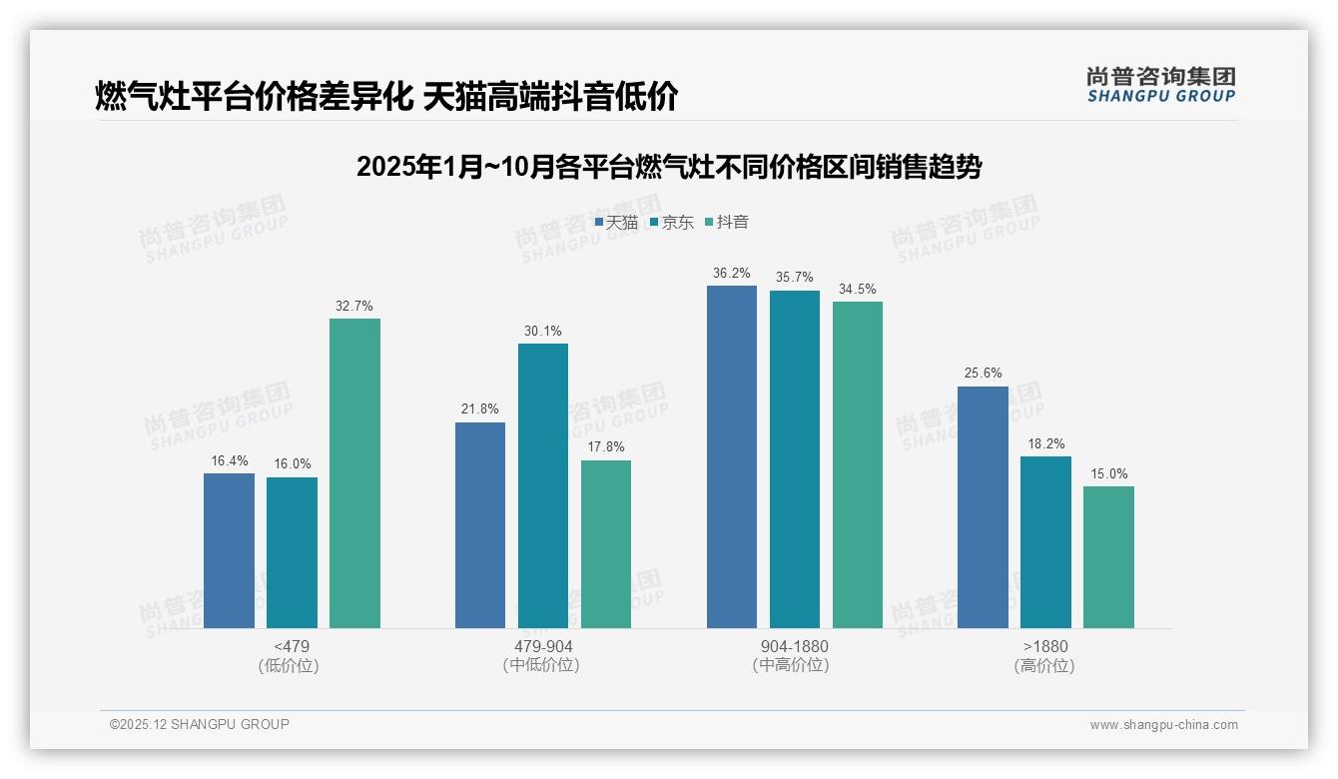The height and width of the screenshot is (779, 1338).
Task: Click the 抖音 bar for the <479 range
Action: tap(354, 473)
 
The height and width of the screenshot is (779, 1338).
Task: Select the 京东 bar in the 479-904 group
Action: tap(542, 485)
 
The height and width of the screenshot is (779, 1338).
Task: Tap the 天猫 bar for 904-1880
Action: tap(732, 456)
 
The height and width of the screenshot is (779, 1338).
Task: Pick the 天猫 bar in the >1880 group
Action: tap(983, 507)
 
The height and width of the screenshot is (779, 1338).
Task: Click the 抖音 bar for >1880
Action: tap(1108, 557)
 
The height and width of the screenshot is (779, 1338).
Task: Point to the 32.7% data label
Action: tap(354, 307)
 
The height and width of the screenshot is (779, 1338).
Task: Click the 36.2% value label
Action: tap(732, 273)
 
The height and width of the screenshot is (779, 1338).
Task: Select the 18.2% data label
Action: tap(1045, 444)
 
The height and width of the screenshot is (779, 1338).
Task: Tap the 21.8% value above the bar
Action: tap(480, 409)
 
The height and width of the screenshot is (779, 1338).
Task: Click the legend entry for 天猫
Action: tap(616, 223)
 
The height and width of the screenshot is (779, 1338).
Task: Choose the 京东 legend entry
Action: tap(671, 223)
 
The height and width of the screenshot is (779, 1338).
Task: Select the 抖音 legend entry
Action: tap(727, 223)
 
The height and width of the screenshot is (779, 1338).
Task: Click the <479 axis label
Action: tap(292, 646)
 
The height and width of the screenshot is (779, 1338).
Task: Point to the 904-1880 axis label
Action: tap(794, 646)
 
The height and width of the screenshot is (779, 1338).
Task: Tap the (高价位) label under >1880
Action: tap(1044, 666)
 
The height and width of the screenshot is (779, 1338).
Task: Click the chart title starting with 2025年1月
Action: tap(668, 167)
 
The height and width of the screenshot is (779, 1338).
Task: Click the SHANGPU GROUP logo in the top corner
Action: tap(1160, 85)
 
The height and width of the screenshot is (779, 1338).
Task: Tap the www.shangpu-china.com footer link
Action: tap(1163, 725)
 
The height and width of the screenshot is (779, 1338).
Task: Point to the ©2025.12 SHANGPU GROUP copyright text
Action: tap(200, 724)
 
